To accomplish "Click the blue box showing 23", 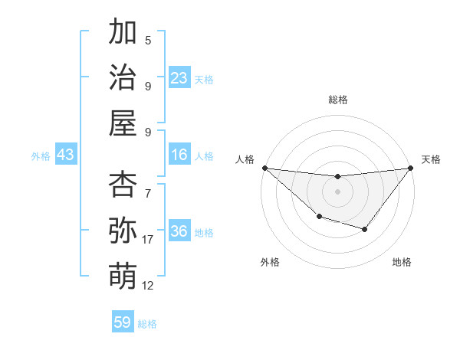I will (179, 77).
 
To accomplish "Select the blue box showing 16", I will (179, 155).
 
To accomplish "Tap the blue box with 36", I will (179, 231).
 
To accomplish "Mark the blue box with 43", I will (66, 155).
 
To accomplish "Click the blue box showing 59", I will (123, 322).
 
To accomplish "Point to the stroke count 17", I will (148, 240).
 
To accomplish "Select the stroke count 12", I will (148, 286).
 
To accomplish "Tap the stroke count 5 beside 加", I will (148, 41).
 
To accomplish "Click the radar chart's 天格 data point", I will (410, 168).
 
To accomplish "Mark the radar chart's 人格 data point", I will (264, 168).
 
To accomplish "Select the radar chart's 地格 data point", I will (365, 229).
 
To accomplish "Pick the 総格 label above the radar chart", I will (337, 100).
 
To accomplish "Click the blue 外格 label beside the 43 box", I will (41, 155).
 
